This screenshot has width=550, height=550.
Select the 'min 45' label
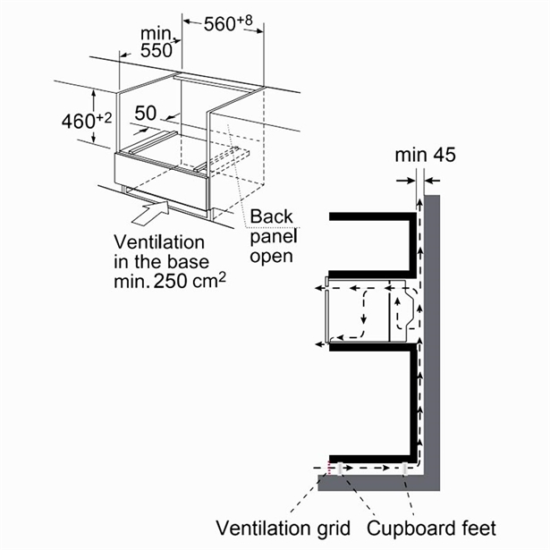tap(425, 155)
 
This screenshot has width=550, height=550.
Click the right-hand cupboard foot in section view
tap(407, 469)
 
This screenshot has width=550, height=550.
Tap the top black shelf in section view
tap(371, 216)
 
